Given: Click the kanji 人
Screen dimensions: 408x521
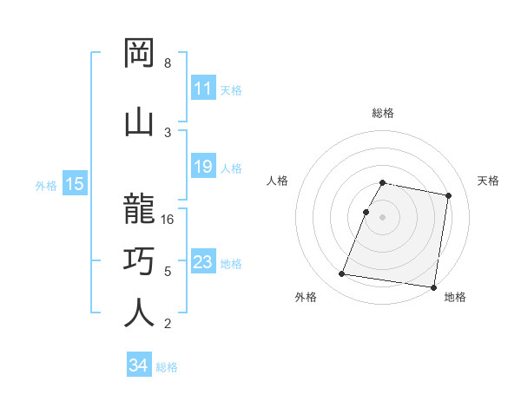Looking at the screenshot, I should pyautogui.click(x=139, y=313).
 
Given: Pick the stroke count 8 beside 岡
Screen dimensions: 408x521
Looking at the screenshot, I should pyautogui.click(x=168, y=63).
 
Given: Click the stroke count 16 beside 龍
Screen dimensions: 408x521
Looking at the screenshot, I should pyautogui.click(x=168, y=219).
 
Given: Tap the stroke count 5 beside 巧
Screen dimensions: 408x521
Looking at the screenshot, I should pyautogui.click(x=168, y=272).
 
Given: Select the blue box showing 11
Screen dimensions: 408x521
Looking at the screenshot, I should pyautogui.click(x=202, y=89).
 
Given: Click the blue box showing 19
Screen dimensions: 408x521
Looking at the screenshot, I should pyautogui.click(x=202, y=167).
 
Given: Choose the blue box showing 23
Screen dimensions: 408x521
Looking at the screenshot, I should pyautogui.click(x=202, y=262).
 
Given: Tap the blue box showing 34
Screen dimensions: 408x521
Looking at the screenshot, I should pyautogui.click(x=139, y=365).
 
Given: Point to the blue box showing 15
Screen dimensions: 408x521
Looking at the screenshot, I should pyautogui.click(x=74, y=184).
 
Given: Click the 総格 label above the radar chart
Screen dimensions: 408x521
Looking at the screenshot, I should pyautogui.click(x=383, y=113).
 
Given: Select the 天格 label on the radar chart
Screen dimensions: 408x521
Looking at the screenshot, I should pyautogui.click(x=488, y=181).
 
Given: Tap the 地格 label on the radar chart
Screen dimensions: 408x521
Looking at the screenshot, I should pyautogui.click(x=455, y=297).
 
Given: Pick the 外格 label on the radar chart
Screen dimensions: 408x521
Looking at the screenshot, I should pyautogui.click(x=306, y=297).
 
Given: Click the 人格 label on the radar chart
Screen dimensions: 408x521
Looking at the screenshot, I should pyautogui.click(x=278, y=181).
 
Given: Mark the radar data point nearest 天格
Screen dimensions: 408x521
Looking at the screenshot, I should pyautogui.click(x=448, y=196).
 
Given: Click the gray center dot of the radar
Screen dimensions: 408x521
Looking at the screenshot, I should pyautogui.click(x=383, y=217).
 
